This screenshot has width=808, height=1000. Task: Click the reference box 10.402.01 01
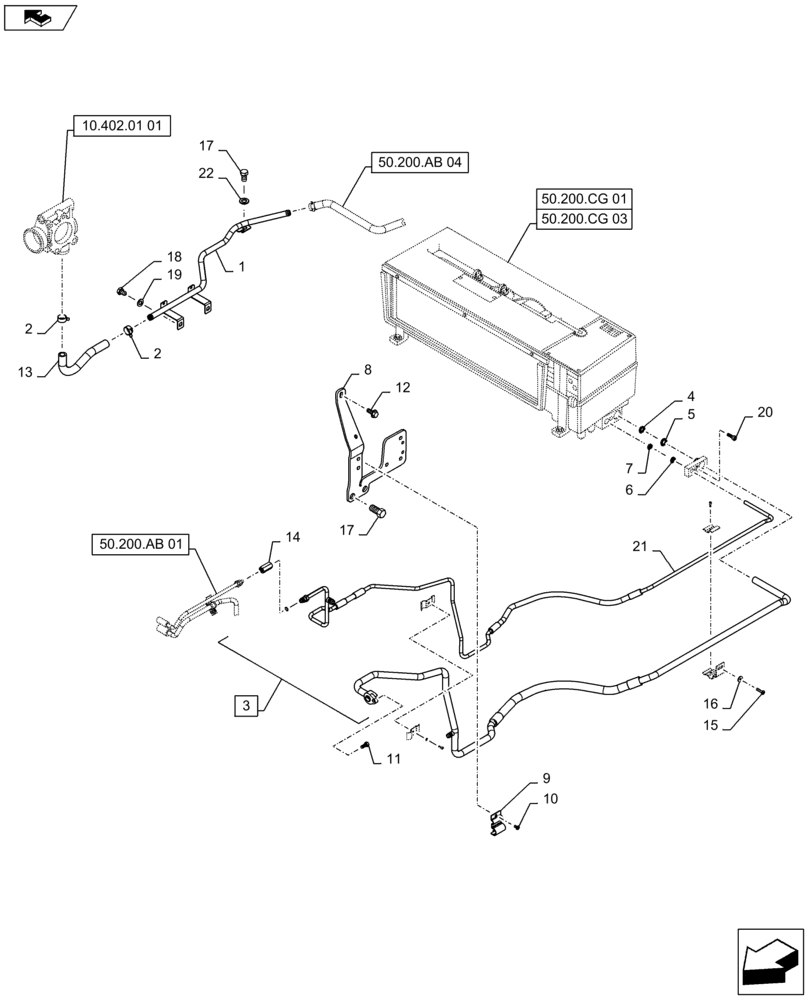(122, 126)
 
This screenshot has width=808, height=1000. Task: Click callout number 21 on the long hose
(640, 546)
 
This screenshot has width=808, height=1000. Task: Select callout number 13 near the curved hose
(25, 371)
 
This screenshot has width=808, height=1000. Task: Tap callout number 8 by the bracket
(366, 370)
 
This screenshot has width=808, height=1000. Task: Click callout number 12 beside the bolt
(402, 387)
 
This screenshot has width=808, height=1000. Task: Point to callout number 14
(293, 538)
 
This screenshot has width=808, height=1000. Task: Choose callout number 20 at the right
(765, 412)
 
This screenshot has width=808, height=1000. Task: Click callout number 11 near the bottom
(393, 760)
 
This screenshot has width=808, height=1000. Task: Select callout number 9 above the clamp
(546, 778)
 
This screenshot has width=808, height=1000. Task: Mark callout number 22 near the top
(206, 173)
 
